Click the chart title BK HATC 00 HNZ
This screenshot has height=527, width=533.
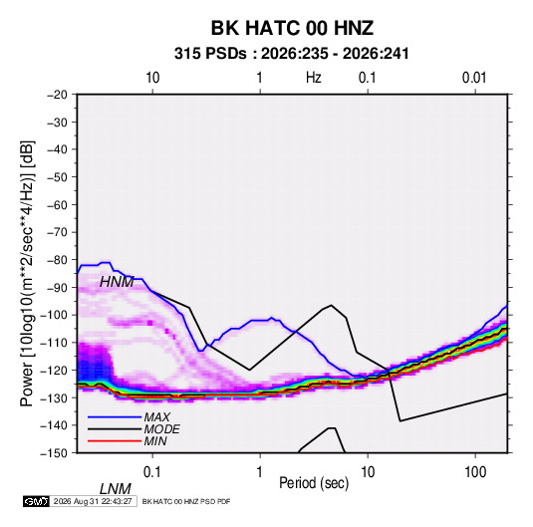click(x=292, y=28)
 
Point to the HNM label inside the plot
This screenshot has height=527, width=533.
click(x=117, y=282)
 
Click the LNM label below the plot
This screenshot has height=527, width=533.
click(x=116, y=489)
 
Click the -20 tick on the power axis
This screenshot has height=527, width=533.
click(x=57, y=95)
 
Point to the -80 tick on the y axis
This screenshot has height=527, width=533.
click(x=57, y=260)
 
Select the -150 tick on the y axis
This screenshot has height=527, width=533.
click(x=54, y=453)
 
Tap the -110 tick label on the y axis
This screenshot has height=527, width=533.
click(x=54, y=343)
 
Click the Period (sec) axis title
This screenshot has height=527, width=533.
click(x=314, y=483)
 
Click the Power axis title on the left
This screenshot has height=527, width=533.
click(x=27, y=273)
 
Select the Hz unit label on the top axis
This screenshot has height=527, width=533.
click(x=314, y=78)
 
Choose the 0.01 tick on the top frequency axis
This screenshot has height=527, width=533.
click(x=474, y=78)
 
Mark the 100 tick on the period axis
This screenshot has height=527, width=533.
click(x=475, y=472)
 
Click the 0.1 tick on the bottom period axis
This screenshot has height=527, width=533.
click(x=152, y=472)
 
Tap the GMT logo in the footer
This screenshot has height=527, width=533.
click(x=36, y=501)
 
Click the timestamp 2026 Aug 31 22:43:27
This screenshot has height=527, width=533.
click(x=93, y=501)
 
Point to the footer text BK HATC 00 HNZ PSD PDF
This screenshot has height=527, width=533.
click(x=186, y=501)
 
